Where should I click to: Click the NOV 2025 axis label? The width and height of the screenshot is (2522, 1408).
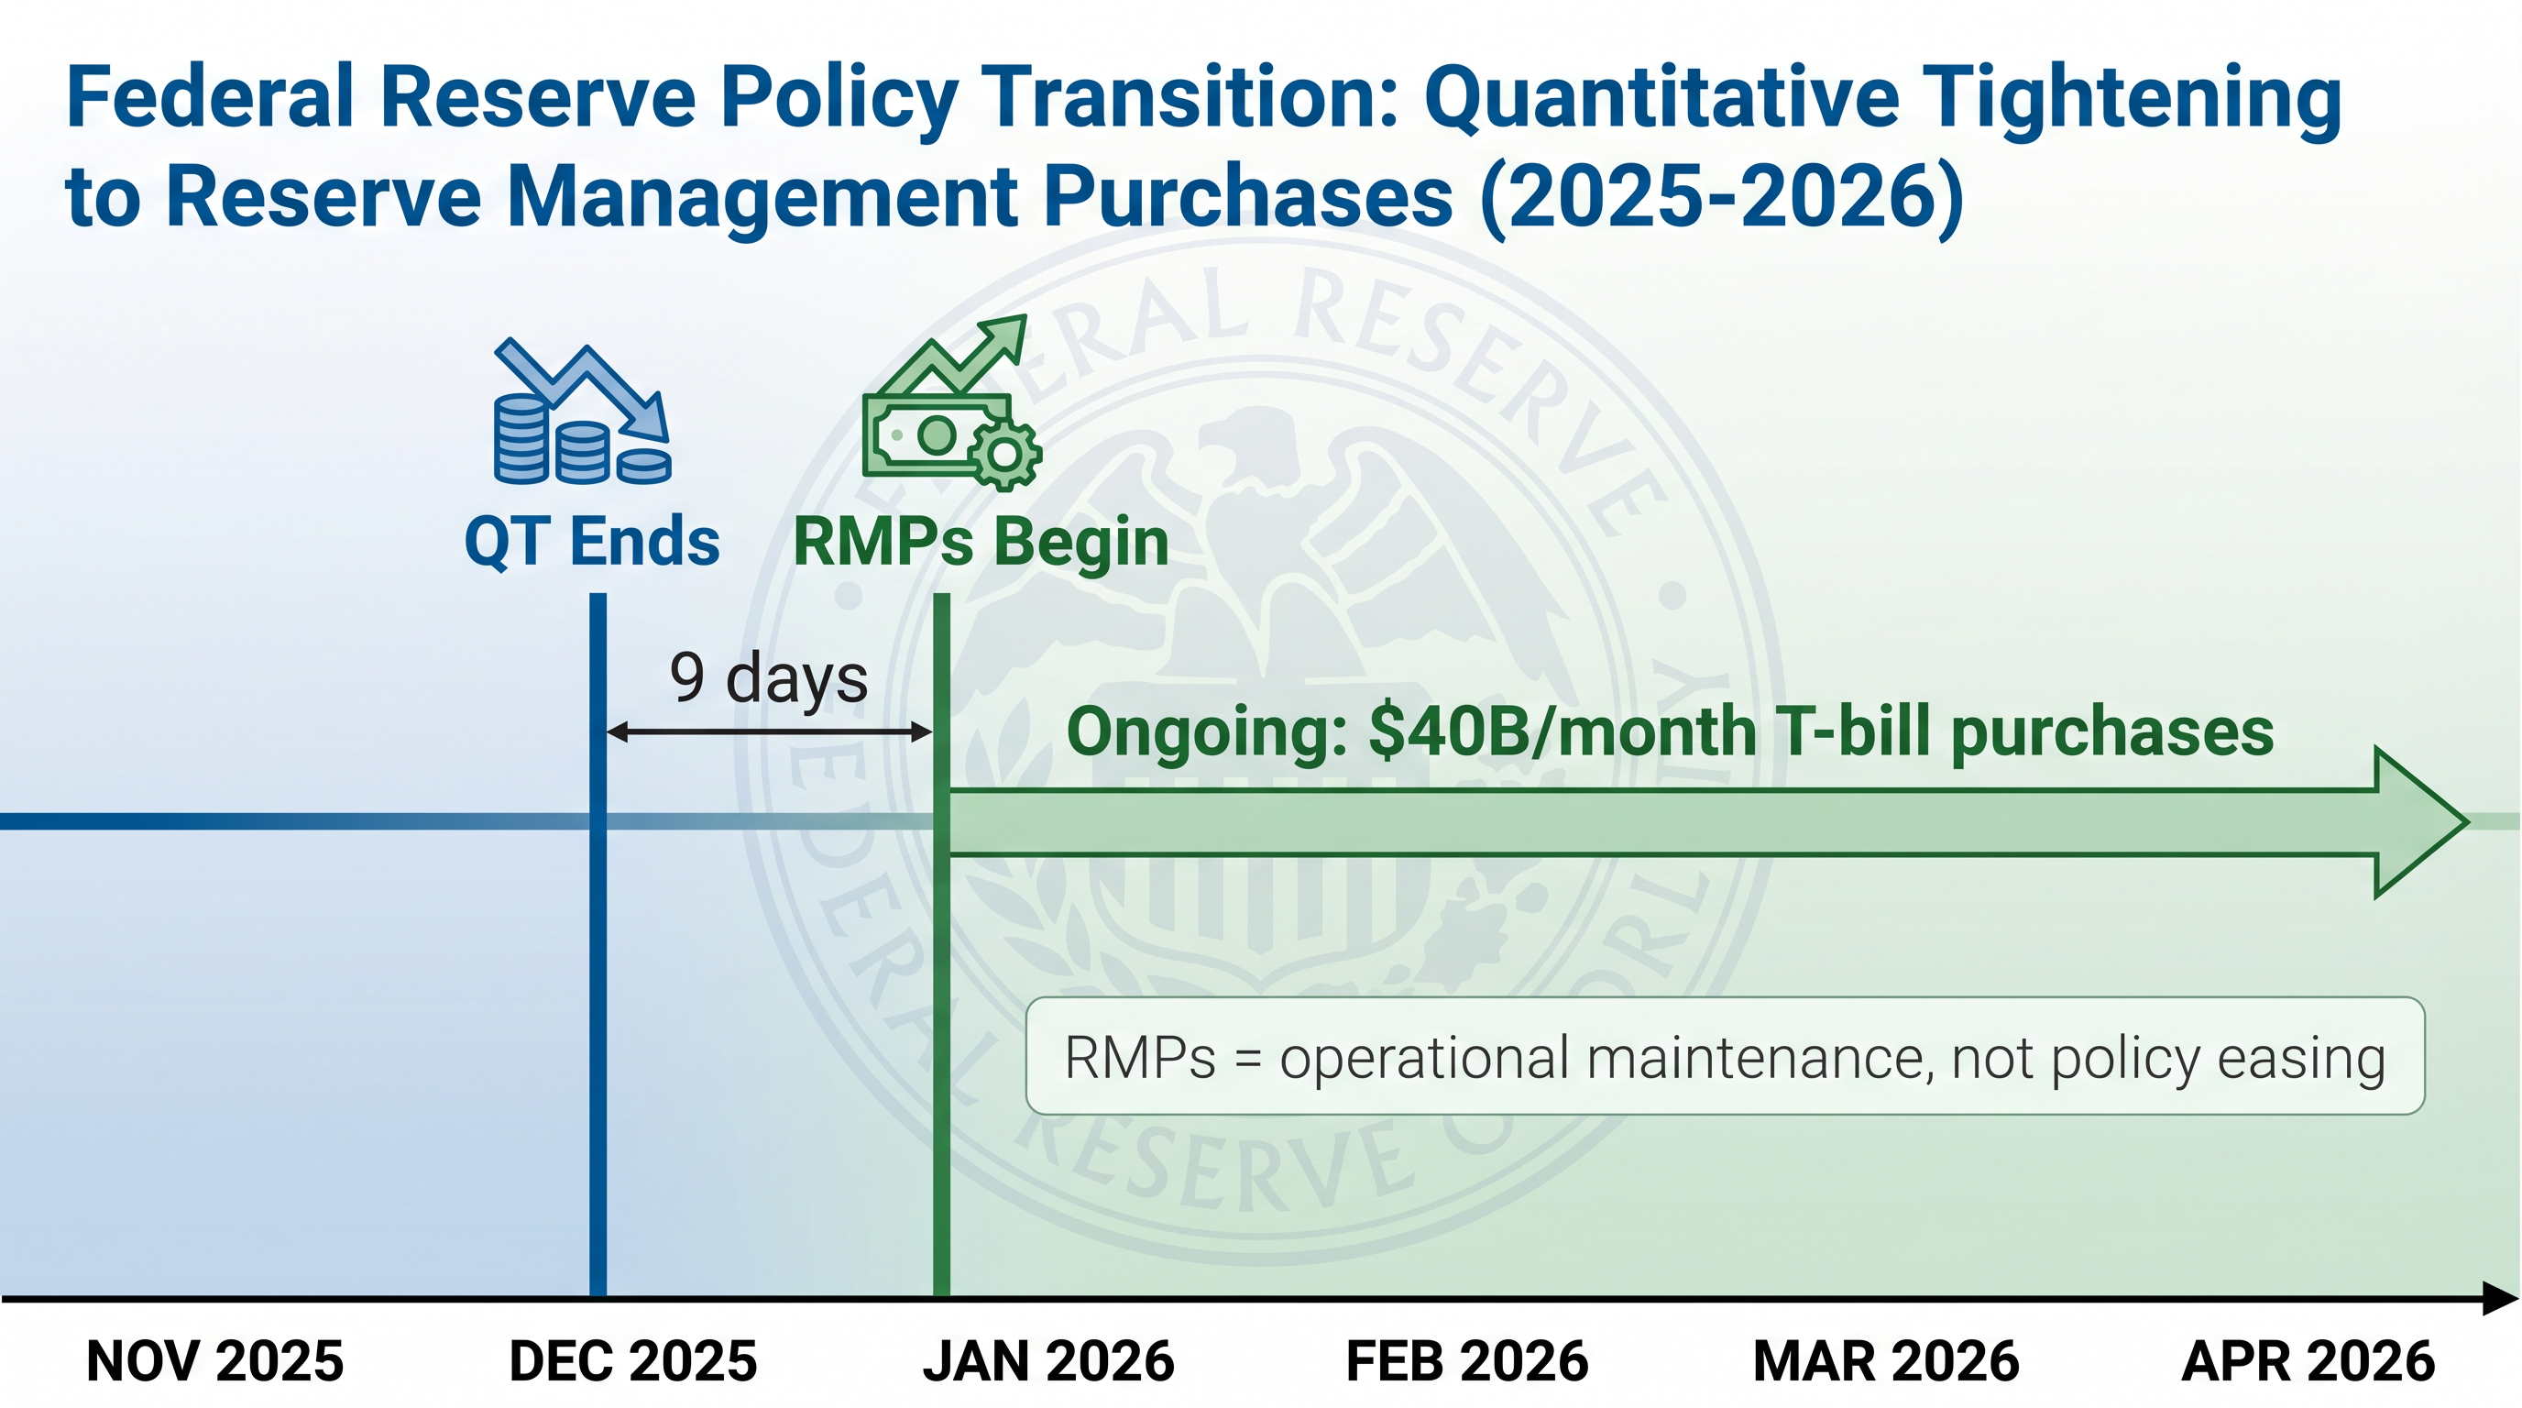215,1361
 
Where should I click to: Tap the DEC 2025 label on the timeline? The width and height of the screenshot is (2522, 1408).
633,1361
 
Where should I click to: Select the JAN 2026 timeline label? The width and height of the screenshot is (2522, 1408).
1048,1361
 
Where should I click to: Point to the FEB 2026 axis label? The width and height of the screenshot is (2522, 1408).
1466,1361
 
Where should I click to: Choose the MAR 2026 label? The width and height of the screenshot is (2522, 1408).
1886,1361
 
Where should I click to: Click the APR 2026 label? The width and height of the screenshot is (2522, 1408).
2308,1361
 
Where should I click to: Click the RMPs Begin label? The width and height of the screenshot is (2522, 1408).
981,544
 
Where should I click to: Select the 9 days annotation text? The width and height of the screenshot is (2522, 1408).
769,677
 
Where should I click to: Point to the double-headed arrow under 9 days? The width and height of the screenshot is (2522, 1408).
770,731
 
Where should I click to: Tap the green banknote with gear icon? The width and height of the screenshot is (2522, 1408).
951,402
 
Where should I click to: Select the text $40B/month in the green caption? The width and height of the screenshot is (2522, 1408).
1563,732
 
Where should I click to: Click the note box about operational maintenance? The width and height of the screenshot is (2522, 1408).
1725,1055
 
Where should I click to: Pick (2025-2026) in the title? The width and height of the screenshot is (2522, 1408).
1721,197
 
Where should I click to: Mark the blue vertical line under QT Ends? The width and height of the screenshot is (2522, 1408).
598,945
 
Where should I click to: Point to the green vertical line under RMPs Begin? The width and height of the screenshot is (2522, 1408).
942,945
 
